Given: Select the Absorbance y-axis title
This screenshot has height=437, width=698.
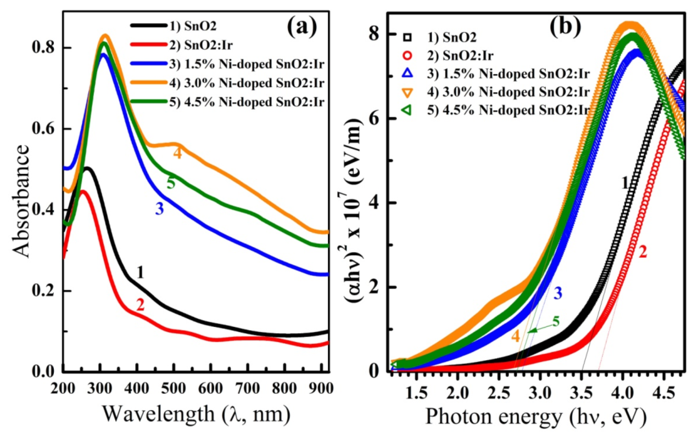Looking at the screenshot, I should pos(22,201).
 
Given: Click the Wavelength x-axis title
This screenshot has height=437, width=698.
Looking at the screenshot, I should pos(194,413).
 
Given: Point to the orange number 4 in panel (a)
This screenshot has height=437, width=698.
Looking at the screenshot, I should pos(177,154).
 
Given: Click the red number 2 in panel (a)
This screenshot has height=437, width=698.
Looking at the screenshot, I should pos(140,305).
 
